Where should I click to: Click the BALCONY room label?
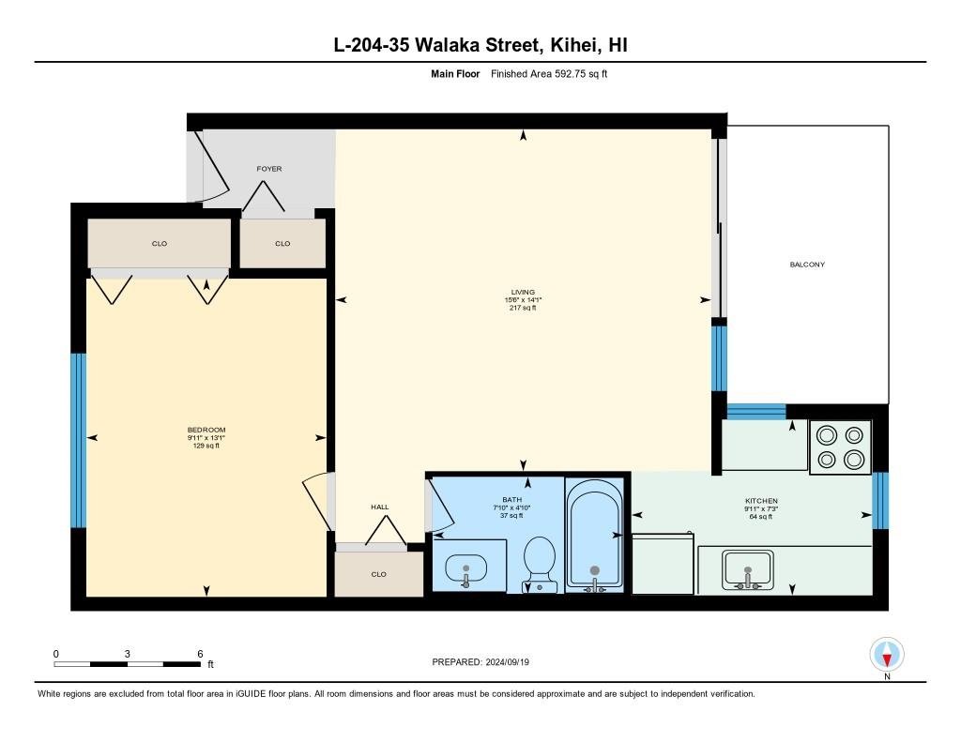pyautogui.click(x=807, y=265)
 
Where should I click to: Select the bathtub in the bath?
pyautogui.click(x=594, y=535)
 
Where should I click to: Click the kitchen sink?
pyautogui.click(x=748, y=569)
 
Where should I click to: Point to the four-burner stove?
pyautogui.click(x=840, y=447)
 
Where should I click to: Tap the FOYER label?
pyautogui.click(x=269, y=169)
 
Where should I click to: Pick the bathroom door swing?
pyautogui.click(x=439, y=507)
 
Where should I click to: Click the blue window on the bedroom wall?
pyautogui.click(x=79, y=440)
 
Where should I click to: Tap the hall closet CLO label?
pyautogui.click(x=379, y=574)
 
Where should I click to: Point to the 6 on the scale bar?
pyautogui.click(x=200, y=654)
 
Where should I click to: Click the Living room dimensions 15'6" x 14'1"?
pyautogui.click(x=523, y=300)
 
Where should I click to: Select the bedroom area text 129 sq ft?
pyautogui.click(x=206, y=446)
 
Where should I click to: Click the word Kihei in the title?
pyautogui.click(x=573, y=45)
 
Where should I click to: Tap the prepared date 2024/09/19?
pyautogui.click(x=507, y=662)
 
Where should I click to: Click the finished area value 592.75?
pyautogui.click(x=570, y=74)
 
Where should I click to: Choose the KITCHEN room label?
pyautogui.click(x=761, y=501)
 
